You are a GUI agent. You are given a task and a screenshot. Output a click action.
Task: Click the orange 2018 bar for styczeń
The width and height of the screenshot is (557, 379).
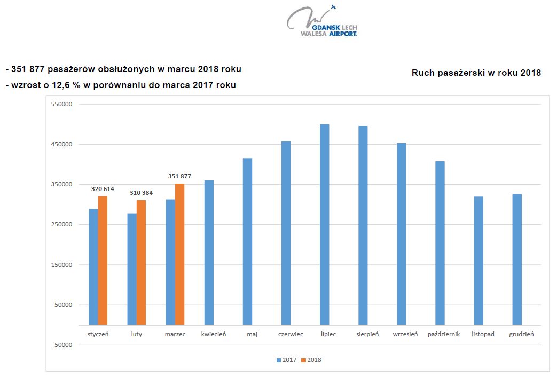coord(103,260)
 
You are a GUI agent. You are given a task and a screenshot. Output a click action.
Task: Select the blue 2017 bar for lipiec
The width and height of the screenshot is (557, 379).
coord(324,224)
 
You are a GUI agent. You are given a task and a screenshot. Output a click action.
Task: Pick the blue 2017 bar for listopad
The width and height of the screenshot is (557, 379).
coord(478,260)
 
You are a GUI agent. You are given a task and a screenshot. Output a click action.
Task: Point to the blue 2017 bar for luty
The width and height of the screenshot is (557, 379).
coord(131,269)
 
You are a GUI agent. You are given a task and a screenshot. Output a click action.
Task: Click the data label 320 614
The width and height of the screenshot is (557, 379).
coord(103,189)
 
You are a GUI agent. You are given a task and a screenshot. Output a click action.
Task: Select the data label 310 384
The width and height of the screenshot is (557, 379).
coord(141,192)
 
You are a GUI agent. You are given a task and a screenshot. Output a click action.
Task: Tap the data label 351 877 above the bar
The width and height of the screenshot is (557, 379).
coord(179,176)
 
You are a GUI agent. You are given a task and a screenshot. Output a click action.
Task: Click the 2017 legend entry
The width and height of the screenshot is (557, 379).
coord(286,360)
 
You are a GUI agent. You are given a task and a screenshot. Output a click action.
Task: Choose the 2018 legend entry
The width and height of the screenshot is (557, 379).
coord(311,360)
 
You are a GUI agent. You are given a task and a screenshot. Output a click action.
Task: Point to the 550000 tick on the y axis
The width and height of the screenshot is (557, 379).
coord(61,105)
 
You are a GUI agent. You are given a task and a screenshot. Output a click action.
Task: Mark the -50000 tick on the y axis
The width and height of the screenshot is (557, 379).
coord(61,345)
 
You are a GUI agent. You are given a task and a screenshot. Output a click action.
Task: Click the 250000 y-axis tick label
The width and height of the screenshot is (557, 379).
coord(61,225)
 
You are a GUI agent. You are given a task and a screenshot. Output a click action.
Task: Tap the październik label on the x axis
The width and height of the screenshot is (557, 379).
coord(444,335)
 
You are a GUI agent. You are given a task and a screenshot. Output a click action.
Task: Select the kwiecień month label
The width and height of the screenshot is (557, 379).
coord(214,335)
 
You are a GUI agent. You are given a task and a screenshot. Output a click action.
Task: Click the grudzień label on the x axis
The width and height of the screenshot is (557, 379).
coord(521,335)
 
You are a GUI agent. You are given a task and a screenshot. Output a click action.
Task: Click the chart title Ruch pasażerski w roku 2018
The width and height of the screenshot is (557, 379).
coord(476,73)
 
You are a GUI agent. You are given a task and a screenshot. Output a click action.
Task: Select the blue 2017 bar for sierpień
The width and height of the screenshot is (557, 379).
coord(363,225)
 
